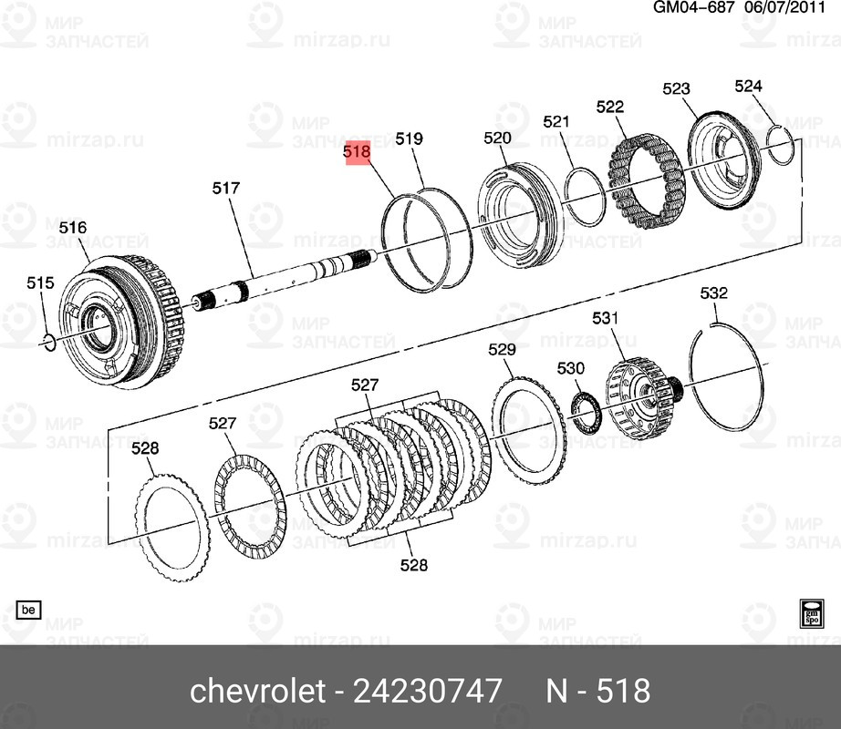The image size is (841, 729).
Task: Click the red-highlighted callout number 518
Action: [357, 152]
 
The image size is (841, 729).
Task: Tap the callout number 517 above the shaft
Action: [225, 189]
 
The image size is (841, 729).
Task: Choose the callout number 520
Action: [497, 139]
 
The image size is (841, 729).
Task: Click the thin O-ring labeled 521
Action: [582, 194]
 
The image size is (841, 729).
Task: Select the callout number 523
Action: [676, 88]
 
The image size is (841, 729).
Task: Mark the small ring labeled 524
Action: [777, 147]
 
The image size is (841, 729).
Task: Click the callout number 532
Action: [713, 293]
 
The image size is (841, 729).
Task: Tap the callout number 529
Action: [502, 349]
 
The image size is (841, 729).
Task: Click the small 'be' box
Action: [29, 609]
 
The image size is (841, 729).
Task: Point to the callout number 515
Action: [40, 283]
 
